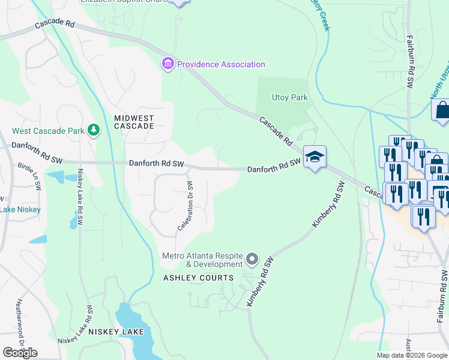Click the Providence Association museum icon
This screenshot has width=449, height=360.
point(167,64)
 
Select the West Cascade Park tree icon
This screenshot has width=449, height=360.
point(93,130)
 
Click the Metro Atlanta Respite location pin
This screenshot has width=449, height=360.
point(252,260)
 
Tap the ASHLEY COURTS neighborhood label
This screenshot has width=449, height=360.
point(197,278)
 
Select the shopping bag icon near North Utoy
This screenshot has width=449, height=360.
point(442,110)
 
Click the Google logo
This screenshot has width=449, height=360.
point(20,352)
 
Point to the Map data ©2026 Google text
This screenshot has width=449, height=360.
point(412,355)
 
